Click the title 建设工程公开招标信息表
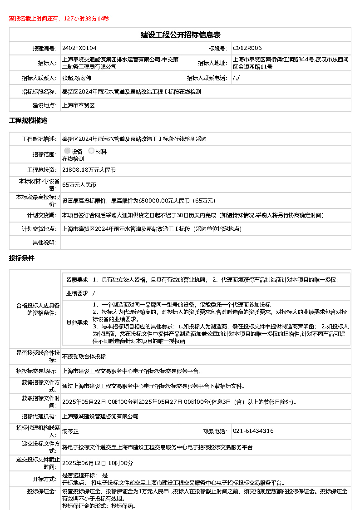[x=180, y=35]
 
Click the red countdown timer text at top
[x=59, y=19]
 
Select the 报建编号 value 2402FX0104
[x=79, y=48]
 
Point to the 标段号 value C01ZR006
[x=247, y=48]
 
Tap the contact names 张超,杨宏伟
[x=77, y=78]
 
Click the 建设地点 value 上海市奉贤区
[x=78, y=105]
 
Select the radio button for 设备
[x=67, y=151]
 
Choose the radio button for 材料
[x=91, y=151]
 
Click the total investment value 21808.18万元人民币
[x=89, y=170]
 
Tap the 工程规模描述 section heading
[x=28, y=121]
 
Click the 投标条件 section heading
[x=22, y=258]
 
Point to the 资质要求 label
[x=77, y=280]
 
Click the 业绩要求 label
[x=77, y=293]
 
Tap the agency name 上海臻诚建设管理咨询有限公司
[x=100, y=416]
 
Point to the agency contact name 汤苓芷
[x=71, y=431]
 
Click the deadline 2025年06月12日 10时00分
[x=98, y=463]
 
